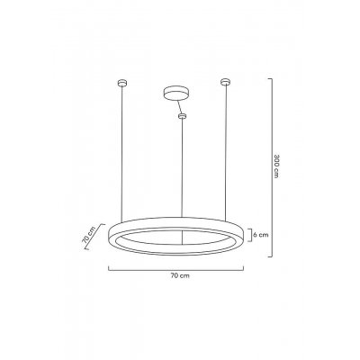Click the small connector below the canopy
183,115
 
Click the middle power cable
183,171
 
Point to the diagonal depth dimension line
97,239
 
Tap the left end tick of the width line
109,268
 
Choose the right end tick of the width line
247,268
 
